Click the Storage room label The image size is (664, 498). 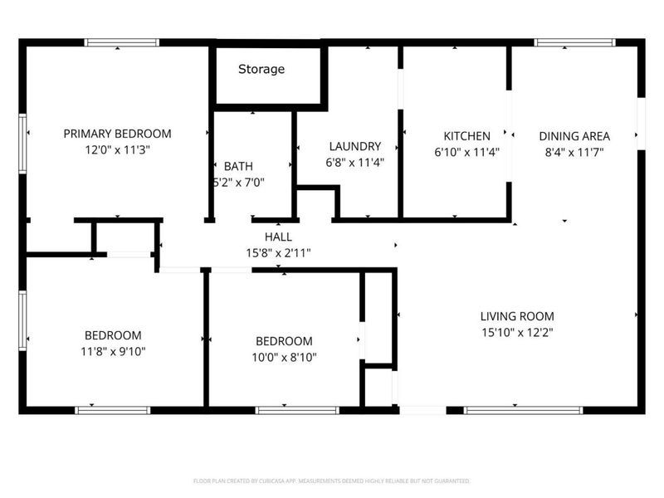click(261, 69)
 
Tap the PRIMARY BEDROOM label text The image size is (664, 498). click(118, 134)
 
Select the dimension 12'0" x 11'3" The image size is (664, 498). click(118, 150)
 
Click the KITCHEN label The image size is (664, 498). click(466, 136)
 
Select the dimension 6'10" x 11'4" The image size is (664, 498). click(466, 152)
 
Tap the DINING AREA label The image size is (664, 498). click(574, 136)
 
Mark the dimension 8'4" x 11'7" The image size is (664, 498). click(574, 152)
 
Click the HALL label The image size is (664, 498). click(277, 237)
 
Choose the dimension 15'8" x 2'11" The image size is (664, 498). click(277, 252)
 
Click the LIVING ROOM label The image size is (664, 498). click(517, 316)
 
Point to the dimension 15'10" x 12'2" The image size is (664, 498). click(517, 332)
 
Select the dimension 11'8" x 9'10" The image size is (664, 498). click(113, 351)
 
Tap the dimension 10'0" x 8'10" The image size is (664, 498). click(284, 357)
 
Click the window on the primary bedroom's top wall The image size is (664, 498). click(122, 42)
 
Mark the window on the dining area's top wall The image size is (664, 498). click(574, 42)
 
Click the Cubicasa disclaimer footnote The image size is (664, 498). click(332, 481)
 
